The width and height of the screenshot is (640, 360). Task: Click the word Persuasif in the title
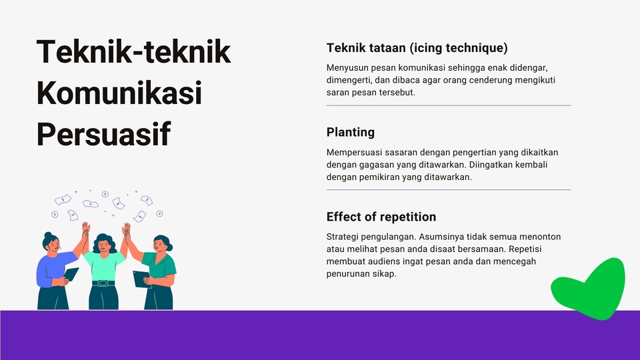[104, 134]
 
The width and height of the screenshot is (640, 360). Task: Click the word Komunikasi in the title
[119, 93]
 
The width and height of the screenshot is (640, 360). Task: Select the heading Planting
[350, 132]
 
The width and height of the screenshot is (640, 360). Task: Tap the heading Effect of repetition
[381, 216]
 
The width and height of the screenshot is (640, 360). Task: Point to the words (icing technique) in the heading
[459, 48]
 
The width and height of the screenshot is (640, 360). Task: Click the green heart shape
[590, 289]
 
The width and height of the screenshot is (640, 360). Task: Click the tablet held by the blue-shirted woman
[71, 274]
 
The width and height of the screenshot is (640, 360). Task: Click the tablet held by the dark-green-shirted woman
[141, 279]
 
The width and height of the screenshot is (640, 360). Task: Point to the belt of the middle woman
[104, 283]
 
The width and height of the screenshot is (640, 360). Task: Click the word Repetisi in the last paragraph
[525, 249]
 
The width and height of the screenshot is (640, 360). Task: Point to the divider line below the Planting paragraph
[449, 190]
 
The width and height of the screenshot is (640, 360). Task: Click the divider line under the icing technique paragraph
[449, 105]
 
